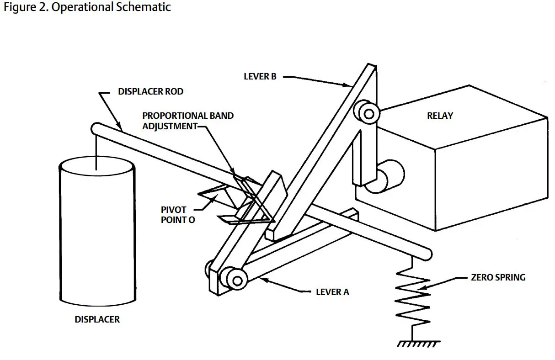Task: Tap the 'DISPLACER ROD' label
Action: click(x=150, y=91)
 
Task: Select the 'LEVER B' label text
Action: click(x=260, y=76)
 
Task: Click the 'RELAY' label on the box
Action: click(x=440, y=116)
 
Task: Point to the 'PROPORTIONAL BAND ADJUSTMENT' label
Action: click(x=187, y=121)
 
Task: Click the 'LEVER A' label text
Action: click(x=332, y=291)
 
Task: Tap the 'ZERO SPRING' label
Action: click(x=498, y=277)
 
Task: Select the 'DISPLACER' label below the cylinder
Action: click(x=97, y=319)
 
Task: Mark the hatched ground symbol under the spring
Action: click(x=418, y=343)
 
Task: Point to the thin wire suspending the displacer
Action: click(x=96, y=151)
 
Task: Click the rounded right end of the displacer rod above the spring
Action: click(x=427, y=252)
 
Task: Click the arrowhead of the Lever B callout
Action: click(x=349, y=85)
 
